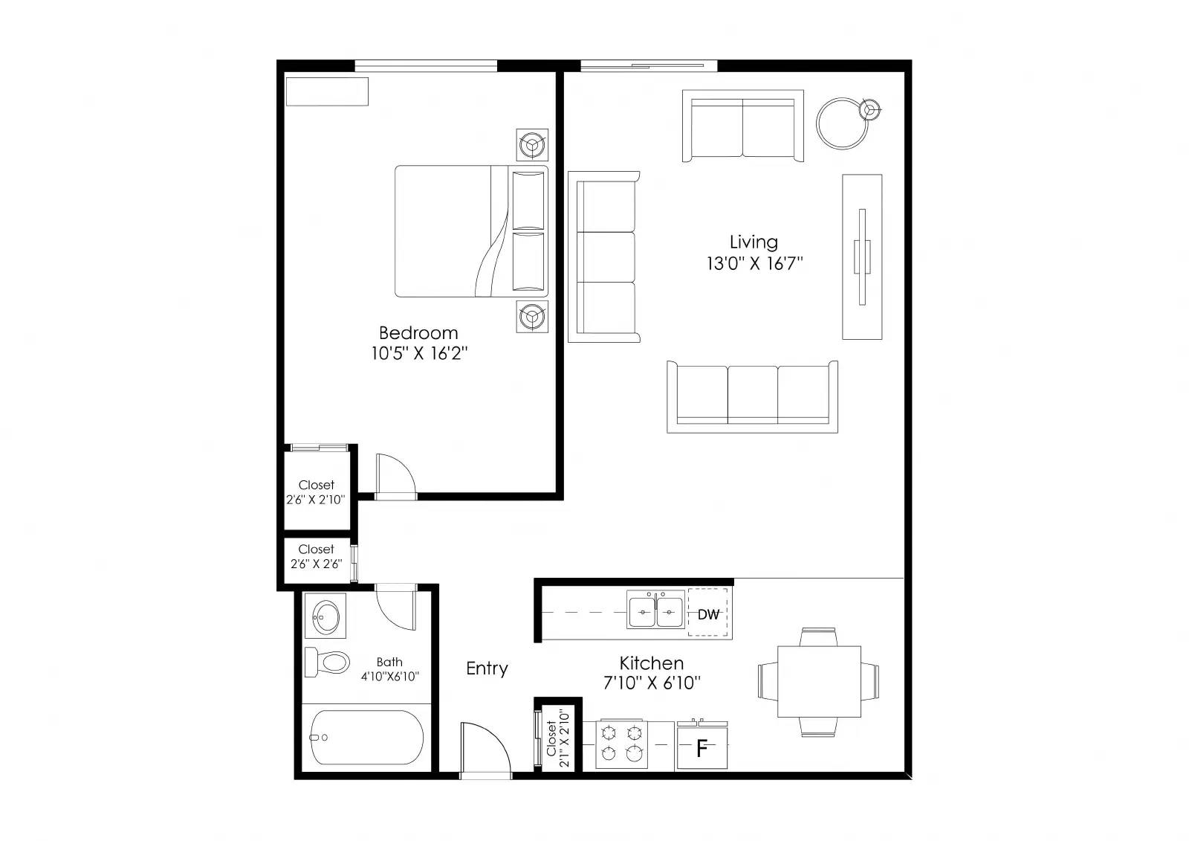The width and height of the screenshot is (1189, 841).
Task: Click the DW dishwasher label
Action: click(708, 614)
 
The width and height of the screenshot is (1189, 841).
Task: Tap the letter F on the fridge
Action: click(702, 749)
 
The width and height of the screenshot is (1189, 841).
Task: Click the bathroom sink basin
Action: click(325, 616)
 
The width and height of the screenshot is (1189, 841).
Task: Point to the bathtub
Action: click(367, 738)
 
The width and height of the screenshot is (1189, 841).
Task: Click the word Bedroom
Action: click(418, 333)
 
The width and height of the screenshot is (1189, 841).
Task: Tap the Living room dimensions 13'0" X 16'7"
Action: click(754, 263)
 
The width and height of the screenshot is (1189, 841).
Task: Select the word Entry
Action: click(487, 668)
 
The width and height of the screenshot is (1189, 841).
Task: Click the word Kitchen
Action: click(651, 663)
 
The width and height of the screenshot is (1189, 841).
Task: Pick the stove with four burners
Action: click(621, 744)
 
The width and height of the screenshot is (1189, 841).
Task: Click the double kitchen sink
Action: click(655, 610)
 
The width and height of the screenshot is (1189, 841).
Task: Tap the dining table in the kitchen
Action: click(819, 682)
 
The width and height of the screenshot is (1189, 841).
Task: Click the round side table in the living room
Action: click(843, 123)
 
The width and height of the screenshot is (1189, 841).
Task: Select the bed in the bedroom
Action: click(471, 231)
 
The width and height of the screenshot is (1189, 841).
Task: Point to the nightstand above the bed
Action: click(532, 144)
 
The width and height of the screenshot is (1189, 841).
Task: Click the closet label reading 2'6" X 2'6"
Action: click(316, 564)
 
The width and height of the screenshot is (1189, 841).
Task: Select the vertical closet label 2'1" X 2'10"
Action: click(564, 738)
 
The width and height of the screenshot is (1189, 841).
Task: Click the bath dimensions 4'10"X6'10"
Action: click(389, 677)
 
